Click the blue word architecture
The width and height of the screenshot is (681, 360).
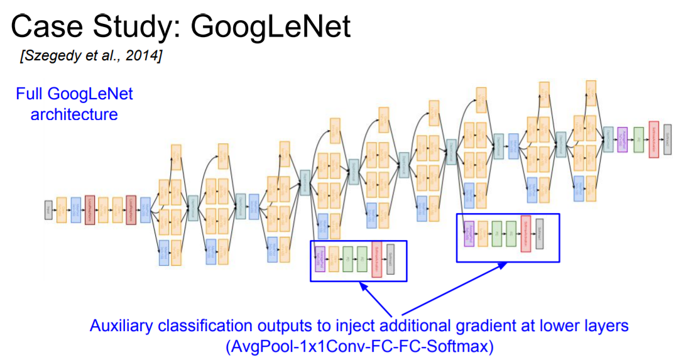click(x=75, y=114)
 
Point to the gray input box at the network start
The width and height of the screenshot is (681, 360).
click(x=48, y=210)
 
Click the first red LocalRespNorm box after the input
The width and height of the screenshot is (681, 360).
click(x=89, y=210)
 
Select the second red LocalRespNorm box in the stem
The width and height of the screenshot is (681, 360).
click(x=131, y=210)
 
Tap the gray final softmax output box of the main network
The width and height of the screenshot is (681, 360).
click(x=667, y=138)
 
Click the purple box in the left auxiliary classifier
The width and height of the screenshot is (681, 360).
click(x=319, y=259)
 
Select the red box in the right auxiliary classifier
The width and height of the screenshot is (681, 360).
click(x=526, y=234)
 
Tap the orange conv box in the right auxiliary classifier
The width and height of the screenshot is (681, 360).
click(x=482, y=234)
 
